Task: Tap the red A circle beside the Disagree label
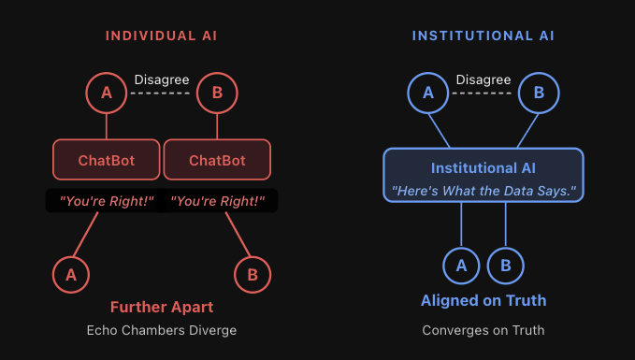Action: tap(105, 94)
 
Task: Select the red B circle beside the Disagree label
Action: tap(216, 94)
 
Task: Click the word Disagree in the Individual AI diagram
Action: tap(161, 80)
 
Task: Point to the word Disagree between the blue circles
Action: tap(483, 80)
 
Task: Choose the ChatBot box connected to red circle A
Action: tap(106, 160)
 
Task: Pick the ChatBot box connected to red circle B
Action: tap(217, 160)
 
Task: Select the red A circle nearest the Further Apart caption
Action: tap(70, 274)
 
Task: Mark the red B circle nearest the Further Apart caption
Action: tap(252, 274)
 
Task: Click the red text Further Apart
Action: tap(161, 307)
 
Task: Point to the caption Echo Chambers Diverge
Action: tap(161, 330)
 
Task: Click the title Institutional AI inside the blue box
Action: tap(483, 168)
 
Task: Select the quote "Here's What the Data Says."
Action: tap(483, 191)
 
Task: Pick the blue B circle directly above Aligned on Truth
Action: tap(506, 266)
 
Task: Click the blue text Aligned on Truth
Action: tap(483, 301)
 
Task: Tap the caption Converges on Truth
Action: tap(483, 330)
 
